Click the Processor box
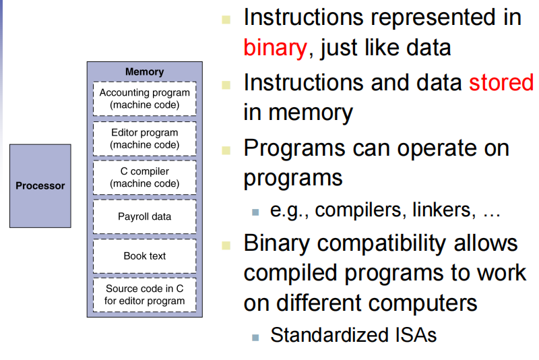40,185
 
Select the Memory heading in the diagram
144,71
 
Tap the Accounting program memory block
144,98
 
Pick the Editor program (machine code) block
144,138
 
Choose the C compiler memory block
144,177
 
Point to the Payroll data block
144,216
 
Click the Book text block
144,256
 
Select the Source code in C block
144,295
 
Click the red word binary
275,48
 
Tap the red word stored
501,82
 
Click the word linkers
447,210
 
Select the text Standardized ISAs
353,334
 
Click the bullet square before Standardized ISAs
255,336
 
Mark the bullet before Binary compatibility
227,243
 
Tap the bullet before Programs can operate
227,149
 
